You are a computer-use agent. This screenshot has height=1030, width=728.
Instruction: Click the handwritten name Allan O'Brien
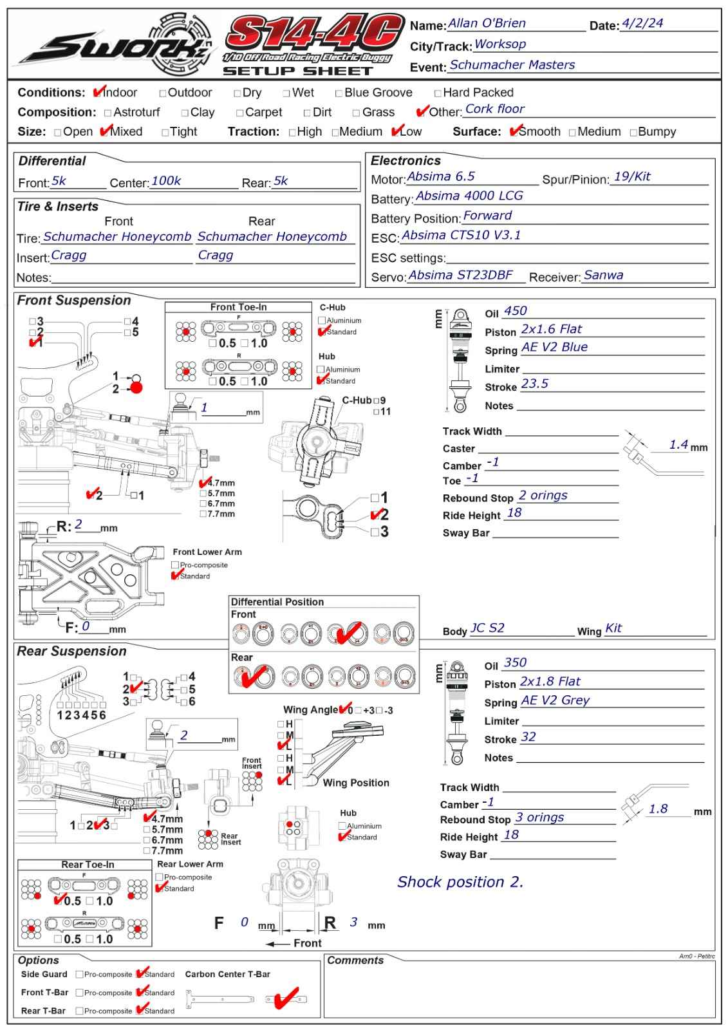pos(487,23)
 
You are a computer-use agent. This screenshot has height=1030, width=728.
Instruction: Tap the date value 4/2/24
pos(642,23)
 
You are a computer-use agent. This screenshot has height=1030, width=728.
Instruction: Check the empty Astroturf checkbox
pos(107,113)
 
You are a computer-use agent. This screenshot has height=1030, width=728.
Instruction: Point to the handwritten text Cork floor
pos(495,109)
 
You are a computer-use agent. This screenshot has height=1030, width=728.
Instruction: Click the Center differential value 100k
pos(166,181)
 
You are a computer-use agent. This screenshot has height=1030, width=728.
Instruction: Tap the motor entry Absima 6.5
pos(440,176)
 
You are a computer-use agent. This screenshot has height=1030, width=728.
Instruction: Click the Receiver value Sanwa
pos(603,275)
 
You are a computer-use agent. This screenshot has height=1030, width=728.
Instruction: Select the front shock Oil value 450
pos(515,311)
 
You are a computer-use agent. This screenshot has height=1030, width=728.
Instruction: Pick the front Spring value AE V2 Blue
pos(554,347)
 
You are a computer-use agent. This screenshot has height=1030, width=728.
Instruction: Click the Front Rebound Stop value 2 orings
pos(543,495)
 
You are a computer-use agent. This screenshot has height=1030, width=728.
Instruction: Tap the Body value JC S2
pos(487,628)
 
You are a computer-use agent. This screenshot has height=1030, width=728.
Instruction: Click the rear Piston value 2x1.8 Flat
pos(550,682)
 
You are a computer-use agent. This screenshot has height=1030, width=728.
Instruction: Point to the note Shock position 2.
pos(460,882)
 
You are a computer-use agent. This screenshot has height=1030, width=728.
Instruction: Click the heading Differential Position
pos(277,602)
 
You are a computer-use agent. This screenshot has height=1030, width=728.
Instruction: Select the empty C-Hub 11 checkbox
pos(376,411)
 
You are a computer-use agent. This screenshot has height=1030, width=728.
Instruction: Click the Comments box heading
pos(355,960)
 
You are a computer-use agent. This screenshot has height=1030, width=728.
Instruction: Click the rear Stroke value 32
pos(528,737)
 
